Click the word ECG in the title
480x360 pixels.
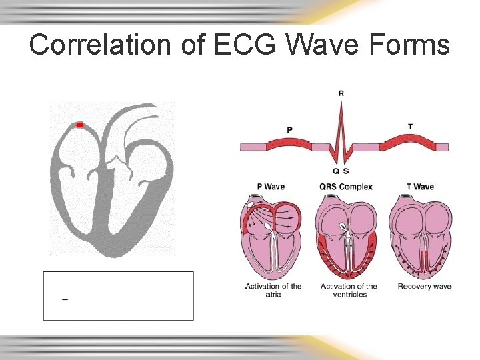coord(235,45)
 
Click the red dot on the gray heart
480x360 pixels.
coord(79,125)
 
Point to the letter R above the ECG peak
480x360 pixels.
coord(341,93)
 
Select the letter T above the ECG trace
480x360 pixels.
coord(409,127)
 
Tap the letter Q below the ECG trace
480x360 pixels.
coord(336,171)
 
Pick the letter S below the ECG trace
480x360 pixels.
coord(346,171)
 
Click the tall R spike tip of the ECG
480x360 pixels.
coord(341,105)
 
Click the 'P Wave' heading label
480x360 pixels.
coord(271,187)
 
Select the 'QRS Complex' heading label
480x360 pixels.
coord(346,187)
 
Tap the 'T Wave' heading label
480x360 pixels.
coord(420,187)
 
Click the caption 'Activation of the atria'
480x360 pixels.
coord(273,290)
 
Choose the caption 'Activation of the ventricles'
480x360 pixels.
coord(349,290)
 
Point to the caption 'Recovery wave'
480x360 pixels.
coord(424,287)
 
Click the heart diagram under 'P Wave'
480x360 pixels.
coord(271,237)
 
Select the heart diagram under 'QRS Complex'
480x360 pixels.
coord(346,237)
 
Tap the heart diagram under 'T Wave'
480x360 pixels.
coord(421,237)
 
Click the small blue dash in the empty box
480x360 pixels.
coord(65,300)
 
